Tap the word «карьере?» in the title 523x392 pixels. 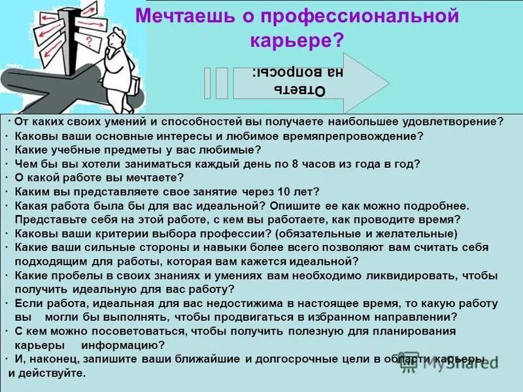tap(297, 41)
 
